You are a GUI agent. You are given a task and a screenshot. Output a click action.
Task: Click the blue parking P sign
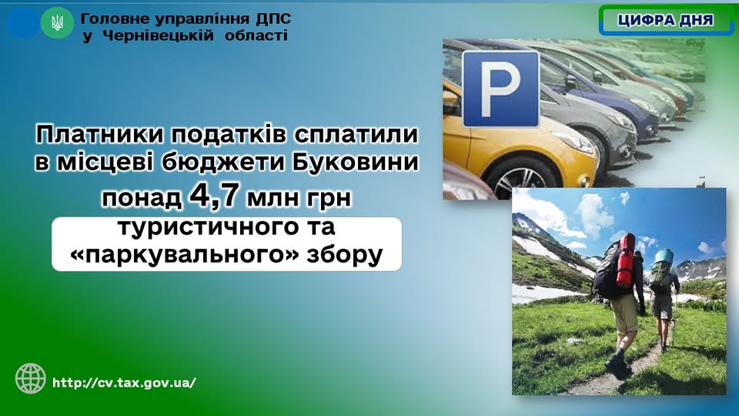click(x=500, y=89)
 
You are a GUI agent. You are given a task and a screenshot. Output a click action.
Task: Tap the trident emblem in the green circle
click(x=57, y=22)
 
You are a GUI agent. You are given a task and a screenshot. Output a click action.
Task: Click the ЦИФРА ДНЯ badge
click(x=665, y=20)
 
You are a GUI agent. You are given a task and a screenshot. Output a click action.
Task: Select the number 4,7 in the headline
click(x=213, y=195)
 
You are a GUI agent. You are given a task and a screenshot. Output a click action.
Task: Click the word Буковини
click(x=355, y=163)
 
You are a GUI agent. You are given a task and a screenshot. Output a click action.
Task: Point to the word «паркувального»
click(x=184, y=256)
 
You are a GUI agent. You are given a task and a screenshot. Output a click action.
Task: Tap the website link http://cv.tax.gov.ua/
click(x=124, y=383)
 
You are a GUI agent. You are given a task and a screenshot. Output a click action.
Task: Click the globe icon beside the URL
click(x=31, y=378)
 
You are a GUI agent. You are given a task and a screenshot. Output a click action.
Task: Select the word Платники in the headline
click(x=99, y=134)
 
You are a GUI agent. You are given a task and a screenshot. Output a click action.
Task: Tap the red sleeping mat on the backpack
click(x=626, y=261)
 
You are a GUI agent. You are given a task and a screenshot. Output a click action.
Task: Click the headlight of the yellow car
click(x=576, y=142)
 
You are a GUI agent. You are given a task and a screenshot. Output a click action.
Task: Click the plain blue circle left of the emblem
click(x=23, y=22)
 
